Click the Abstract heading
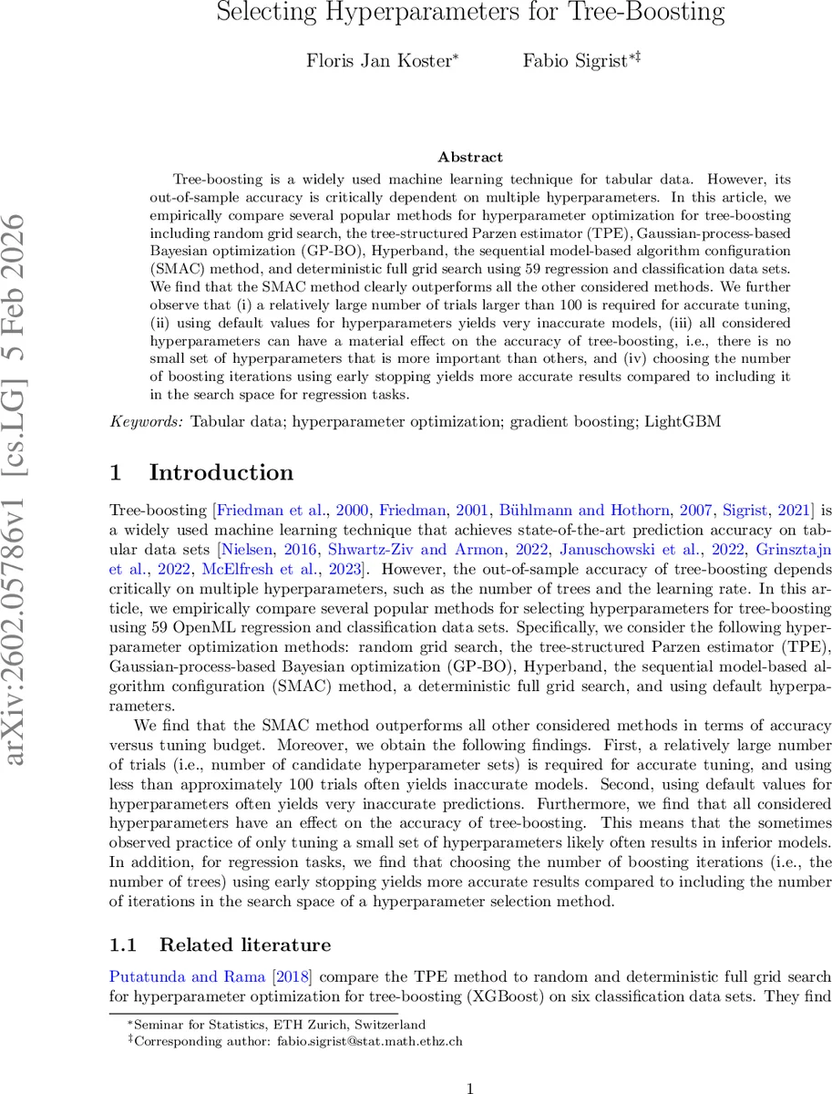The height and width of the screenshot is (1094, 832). [470, 158]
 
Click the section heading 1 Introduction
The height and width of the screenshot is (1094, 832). [201, 472]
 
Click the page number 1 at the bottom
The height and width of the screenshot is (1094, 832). [470, 1063]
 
